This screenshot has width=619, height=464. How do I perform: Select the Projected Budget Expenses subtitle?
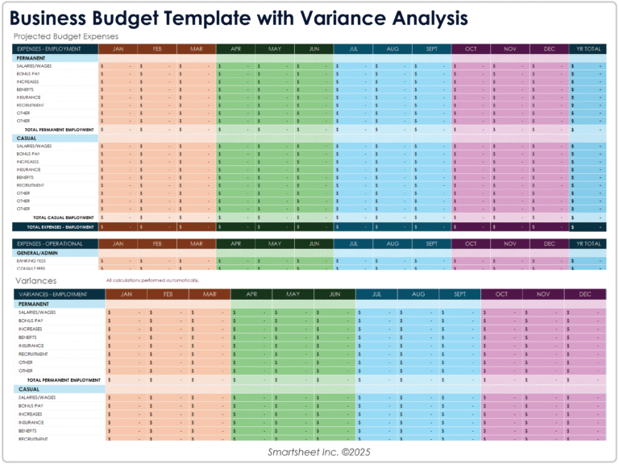(66, 36)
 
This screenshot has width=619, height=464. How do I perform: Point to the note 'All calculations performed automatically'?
(152, 280)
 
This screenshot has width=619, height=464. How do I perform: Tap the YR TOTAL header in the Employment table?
(586, 48)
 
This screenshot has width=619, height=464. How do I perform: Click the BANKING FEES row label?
(31, 261)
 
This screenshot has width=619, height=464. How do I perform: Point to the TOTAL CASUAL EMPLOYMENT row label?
(63, 217)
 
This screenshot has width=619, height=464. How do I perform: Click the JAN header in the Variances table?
(126, 294)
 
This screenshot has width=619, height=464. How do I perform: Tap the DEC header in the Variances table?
(584, 294)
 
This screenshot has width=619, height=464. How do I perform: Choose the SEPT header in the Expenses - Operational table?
(431, 243)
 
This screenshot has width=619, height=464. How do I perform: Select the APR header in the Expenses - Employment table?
(235, 48)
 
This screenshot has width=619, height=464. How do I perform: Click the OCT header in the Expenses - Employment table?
(471, 48)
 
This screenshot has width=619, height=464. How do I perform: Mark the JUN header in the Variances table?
(334, 294)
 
